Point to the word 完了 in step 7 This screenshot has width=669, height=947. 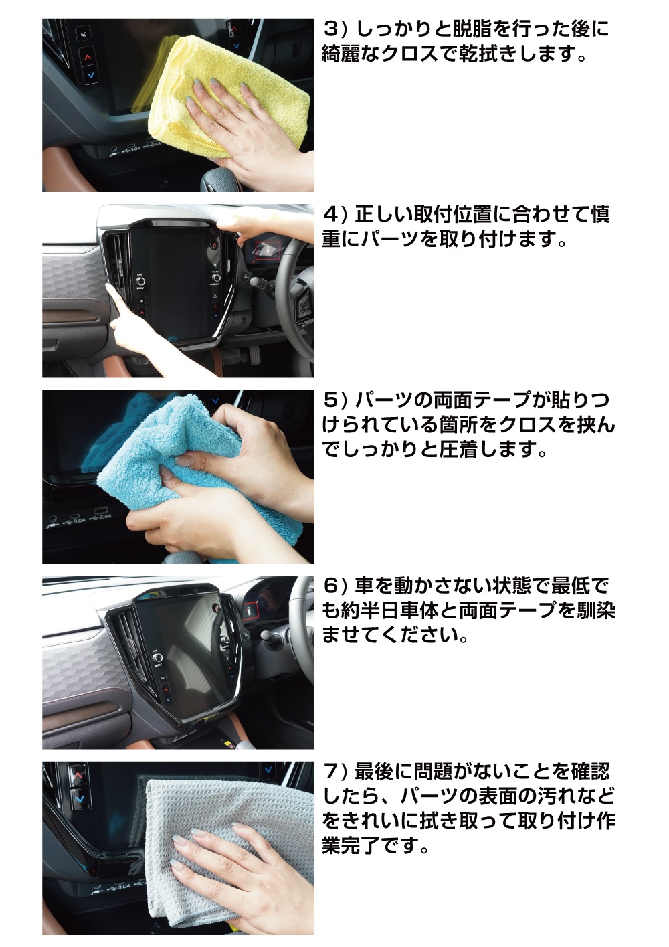click(362, 847)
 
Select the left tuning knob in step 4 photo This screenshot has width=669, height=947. click(140, 281)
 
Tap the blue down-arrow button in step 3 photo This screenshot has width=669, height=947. click(90, 76)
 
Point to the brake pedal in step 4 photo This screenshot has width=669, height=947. click(231, 357)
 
